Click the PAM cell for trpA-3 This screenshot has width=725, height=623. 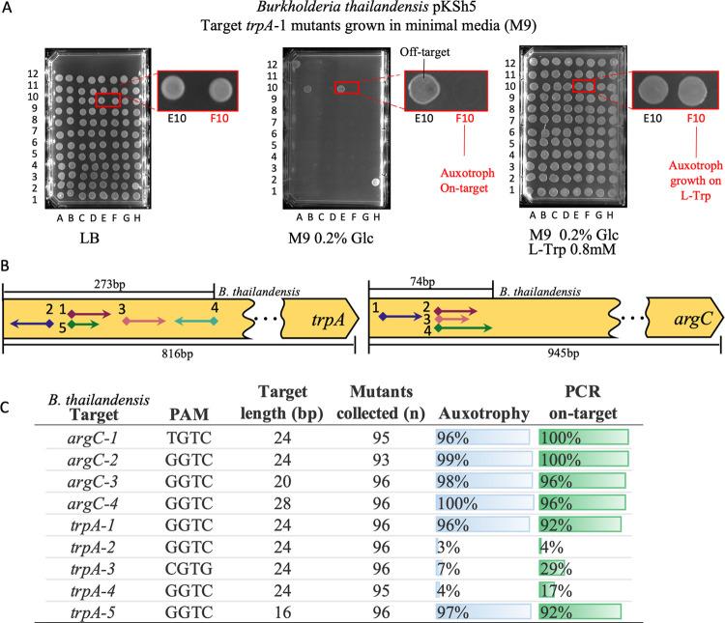[x=188, y=569]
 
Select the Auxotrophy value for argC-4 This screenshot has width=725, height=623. [x=457, y=503]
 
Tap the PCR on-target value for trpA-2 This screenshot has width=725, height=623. [x=552, y=548]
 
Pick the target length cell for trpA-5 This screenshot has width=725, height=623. [x=282, y=612]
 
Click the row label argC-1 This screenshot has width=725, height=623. [x=93, y=438]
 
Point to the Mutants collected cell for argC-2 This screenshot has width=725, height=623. [x=381, y=460]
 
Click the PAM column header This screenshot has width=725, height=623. [x=188, y=413]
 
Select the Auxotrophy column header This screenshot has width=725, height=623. [x=483, y=413]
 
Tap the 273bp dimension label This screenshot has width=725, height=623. [x=109, y=284]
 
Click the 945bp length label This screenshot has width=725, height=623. [x=564, y=354]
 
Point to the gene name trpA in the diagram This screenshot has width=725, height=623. [x=329, y=320]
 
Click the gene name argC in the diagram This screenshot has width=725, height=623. [x=693, y=319]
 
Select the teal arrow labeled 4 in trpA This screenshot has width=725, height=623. [x=196, y=321]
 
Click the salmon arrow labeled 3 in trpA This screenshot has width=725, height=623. [x=144, y=321]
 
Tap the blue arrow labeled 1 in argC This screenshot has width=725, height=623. [x=400, y=317]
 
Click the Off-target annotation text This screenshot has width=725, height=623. [x=424, y=52]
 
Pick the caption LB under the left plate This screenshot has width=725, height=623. [x=89, y=238]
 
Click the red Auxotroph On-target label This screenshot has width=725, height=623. [x=467, y=181]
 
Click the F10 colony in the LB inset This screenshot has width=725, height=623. [x=220, y=89]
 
